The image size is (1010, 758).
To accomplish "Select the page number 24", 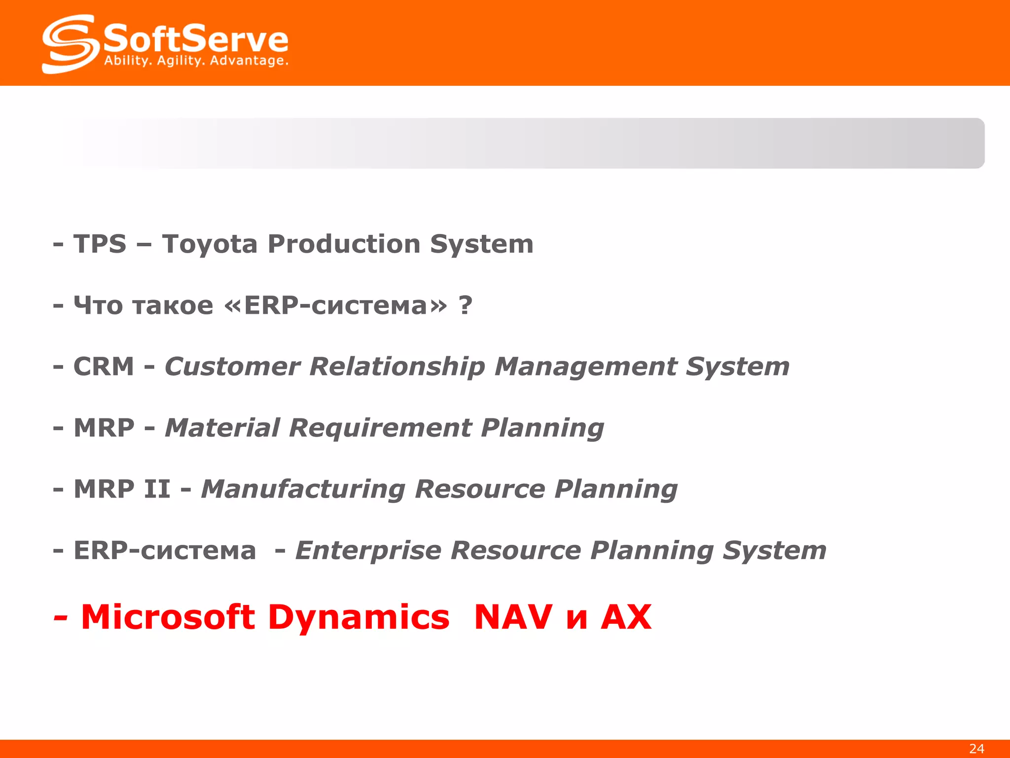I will click(976, 749).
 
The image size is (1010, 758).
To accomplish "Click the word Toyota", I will click(210, 245).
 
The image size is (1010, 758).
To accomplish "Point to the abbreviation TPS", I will click(100, 244).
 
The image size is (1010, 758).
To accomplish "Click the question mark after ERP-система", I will click(465, 306).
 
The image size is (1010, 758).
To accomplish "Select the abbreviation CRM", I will click(104, 367).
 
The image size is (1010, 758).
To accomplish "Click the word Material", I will click(222, 428).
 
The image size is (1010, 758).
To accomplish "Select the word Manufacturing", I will click(303, 490).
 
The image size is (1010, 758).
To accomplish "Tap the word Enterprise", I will click(368, 551).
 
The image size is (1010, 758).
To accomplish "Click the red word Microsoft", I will click(168, 617).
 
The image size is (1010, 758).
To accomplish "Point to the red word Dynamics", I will click(359, 618).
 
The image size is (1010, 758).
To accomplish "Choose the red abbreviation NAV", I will click(513, 617).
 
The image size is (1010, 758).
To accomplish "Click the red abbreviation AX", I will click(626, 617).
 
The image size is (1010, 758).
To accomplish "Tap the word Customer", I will click(232, 367).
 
